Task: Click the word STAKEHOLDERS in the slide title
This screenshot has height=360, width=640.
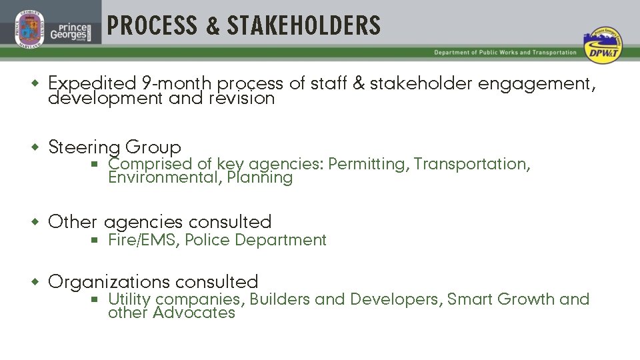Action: (x=304, y=26)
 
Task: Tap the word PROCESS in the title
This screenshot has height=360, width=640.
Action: (x=153, y=26)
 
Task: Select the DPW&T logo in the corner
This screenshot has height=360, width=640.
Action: (x=601, y=46)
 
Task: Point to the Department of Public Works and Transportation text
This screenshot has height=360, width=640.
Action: (x=505, y=53)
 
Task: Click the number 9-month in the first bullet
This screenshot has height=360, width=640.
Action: (x=177, y=84)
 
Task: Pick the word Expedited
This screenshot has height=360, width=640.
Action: (x=92, y=84)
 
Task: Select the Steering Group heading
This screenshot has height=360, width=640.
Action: (x=115, y=147)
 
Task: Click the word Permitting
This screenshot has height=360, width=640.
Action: (x=367, y=164)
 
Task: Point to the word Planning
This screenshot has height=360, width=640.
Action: (x=259, y=178)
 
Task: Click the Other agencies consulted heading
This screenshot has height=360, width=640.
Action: (x=160, y=222)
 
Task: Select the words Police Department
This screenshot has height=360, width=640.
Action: (x=255, y=240)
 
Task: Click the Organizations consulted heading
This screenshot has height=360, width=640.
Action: (x=153, y=282)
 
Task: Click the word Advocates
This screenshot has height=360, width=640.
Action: (x=194, y=313)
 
